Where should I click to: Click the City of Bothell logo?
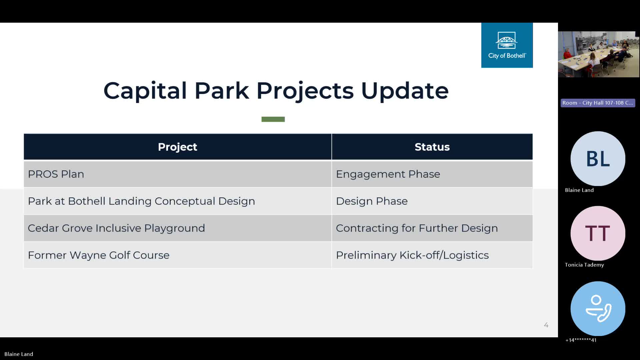(507, 45)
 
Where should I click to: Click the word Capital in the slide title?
(145, 91)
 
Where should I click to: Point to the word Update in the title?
(405, 91)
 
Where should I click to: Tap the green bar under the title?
(273, 119)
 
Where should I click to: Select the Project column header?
(178, 147)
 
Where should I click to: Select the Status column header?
(432, 147)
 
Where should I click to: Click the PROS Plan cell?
(178, 174)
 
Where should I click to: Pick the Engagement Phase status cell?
(432, 174)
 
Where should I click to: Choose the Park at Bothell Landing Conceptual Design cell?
(178, 201)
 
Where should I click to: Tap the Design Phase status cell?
(432, 201)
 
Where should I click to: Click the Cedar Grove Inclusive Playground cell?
(178, 228)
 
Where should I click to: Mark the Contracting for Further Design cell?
(432, 228)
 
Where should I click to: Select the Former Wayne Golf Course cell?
(178, 255)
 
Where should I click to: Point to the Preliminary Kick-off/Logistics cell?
(432, 255)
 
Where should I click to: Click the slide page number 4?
(546, 325)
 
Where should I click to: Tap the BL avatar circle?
(598, 159)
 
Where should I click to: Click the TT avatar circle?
(598, 233)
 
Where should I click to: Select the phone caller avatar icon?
(598, 309)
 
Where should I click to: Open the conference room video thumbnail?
(599, 54)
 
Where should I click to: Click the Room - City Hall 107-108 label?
(598, 103)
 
